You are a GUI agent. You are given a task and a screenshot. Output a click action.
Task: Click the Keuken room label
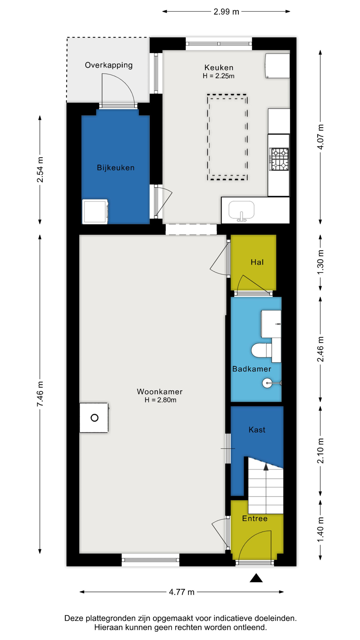(219, 67)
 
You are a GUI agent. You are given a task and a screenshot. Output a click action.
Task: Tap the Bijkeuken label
(115, 168)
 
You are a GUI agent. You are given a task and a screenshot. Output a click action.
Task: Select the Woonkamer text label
(160, 391)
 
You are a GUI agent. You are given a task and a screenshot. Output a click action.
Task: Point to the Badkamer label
(252, 369)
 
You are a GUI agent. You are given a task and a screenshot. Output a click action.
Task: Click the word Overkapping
(109, 65)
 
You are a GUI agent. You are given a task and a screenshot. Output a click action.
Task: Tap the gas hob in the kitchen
(279, 159)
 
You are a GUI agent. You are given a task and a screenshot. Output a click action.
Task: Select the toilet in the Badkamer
(261, 350)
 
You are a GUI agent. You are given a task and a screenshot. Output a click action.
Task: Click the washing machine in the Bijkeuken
(95, 212)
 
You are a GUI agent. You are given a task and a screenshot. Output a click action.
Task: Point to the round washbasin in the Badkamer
(267, 383)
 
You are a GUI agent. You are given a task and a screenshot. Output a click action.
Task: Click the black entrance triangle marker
(256, 578)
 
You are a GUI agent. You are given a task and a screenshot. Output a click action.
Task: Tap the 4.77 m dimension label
(182, 592)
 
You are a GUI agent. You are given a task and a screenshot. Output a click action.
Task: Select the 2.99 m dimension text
(226, 12)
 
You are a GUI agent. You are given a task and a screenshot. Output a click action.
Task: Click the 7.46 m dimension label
(40, 394)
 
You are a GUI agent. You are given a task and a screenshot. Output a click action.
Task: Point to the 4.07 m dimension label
(320, 137)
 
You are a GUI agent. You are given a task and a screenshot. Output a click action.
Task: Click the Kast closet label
(257, 430)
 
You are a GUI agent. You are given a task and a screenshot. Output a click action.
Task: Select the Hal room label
(257, 262)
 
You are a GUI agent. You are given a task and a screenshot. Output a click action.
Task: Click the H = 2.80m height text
(160, 400)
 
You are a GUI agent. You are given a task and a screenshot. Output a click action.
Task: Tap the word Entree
(255, 518)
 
